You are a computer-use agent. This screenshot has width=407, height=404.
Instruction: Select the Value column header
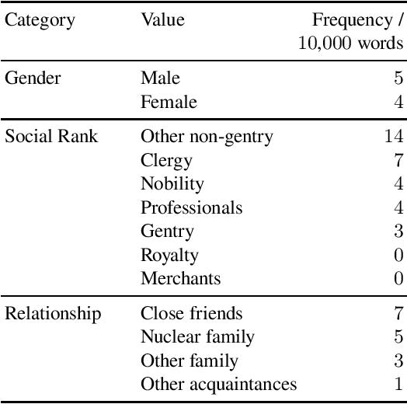(x=162, y=19)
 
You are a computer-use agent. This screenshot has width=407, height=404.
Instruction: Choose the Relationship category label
(x=53, y=314)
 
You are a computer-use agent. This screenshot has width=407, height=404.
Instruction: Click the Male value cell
(x=160, y=78)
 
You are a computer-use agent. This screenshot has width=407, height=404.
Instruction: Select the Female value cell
(x=169, y=102)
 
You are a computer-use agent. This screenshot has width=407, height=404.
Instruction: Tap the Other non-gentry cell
(x=207, y=137)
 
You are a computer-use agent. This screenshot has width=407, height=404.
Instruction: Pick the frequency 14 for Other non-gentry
(x=394, y=137)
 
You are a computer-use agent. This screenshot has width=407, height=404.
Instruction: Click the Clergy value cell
(x=166, y=161)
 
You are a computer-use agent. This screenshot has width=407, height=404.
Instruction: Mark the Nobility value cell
(x=172, y=184)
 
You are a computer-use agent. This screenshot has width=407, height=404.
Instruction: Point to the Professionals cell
(x=191, y=208)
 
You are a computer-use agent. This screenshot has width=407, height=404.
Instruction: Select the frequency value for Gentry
(x=398, y=232)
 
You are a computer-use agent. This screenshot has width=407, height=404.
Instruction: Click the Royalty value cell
(x=169, y=255)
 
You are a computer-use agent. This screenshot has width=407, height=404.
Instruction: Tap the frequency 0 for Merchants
(x=398, y=279)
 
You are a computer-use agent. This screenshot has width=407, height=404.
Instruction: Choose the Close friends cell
(x=191, y=314)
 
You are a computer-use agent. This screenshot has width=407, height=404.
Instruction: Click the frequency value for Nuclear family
(x=398, y=337)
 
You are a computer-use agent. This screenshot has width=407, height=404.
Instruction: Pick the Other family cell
(x=190, y=360)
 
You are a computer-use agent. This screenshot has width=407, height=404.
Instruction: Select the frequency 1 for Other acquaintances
(x=398, y=385)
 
